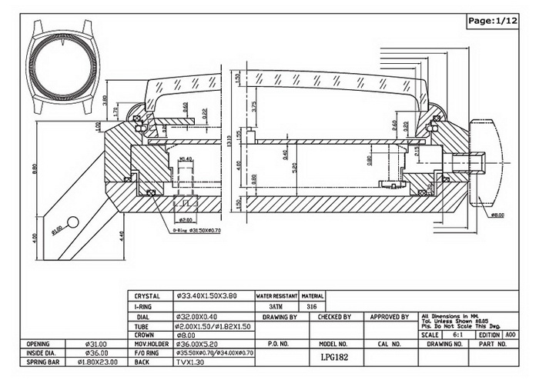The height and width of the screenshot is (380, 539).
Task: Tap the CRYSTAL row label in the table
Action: (x=146, y=296)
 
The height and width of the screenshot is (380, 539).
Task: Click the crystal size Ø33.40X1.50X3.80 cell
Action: (x=206, y=296)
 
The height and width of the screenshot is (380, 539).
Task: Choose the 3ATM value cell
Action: (x=276, y=306)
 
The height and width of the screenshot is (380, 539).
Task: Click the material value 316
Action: (x=312, y=306)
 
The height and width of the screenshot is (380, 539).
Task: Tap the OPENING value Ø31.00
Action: (x=97, y=344)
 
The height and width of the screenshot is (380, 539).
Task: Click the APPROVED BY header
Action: (x=389, y=317)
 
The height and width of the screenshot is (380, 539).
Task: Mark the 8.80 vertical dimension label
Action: (x=35, y=169)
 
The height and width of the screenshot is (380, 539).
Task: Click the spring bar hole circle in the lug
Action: (x=73, y=222)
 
